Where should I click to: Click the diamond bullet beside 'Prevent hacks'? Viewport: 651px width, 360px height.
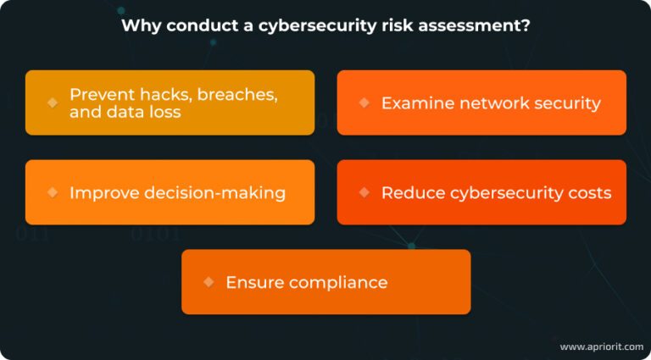coord(53,102)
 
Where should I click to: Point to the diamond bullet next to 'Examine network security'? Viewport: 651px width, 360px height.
coord(364,102)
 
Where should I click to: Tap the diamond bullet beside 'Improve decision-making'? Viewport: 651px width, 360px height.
coord(53,192)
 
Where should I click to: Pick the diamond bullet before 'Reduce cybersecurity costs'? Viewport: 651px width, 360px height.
coord(364,192)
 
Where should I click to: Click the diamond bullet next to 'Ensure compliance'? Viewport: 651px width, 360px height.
coord(209,282)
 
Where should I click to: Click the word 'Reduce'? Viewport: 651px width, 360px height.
coord(409,193)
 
